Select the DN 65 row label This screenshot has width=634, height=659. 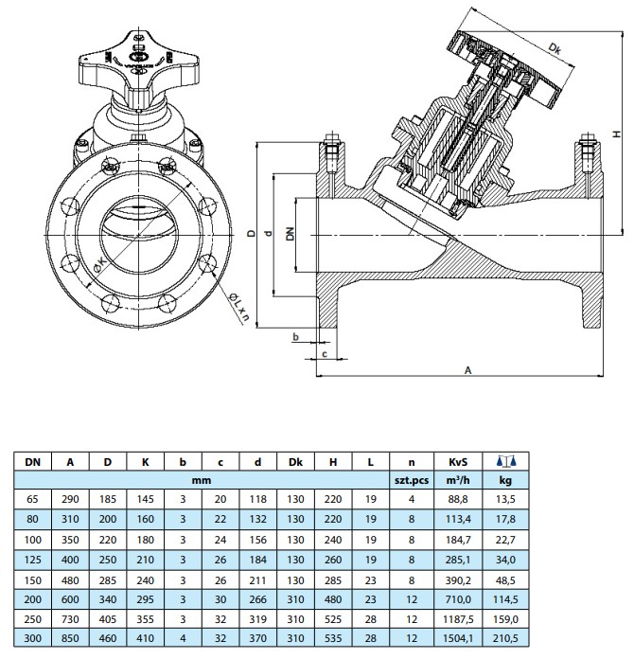(x=33, y=499)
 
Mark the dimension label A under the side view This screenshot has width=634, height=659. (x=467, y=371)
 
